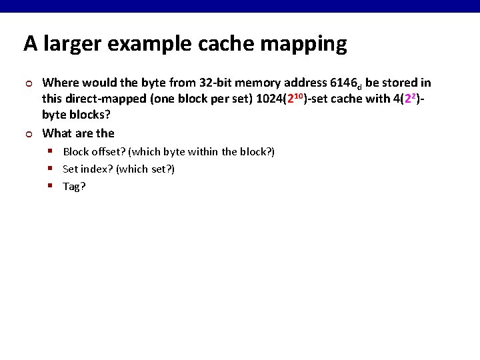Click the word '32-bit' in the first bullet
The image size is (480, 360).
coord(216,83)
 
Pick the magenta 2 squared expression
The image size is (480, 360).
coord(411,99)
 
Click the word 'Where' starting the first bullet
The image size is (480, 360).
coord(59,83)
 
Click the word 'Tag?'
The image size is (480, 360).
coord(74,186)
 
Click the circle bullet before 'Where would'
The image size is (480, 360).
coord(28,83)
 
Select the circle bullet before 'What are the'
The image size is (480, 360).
coord(28,133)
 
